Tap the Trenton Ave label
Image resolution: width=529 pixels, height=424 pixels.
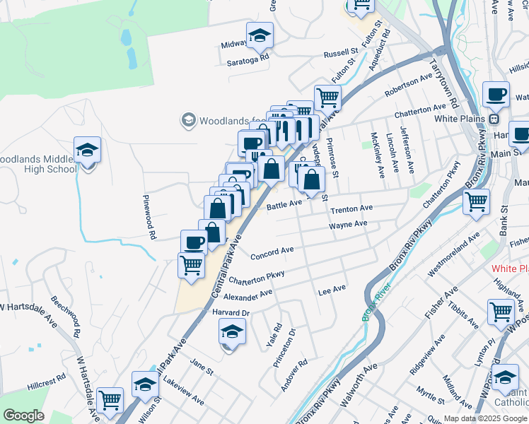pos(352,208)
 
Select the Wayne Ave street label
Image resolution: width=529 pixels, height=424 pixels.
pos(348,225)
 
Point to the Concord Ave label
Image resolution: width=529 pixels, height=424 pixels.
pos(272,251)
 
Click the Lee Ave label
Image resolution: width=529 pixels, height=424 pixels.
pos(332,290)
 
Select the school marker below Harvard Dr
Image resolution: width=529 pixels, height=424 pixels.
pos(232,331)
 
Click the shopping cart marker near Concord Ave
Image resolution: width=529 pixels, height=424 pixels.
pos(192,266)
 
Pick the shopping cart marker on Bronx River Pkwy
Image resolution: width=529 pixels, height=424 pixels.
pos(477,201)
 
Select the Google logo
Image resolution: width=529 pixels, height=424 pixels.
pos(23,416)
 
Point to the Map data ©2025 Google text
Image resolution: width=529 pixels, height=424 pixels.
pos(484,418)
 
